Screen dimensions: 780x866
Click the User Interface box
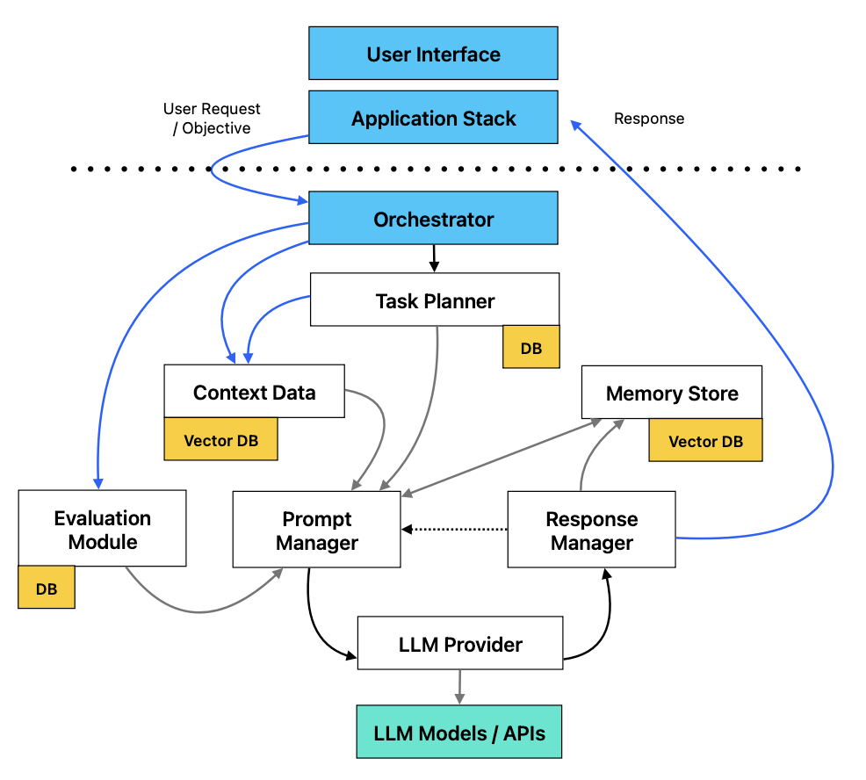[x=433, y=54]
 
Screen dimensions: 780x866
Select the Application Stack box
[x=433, y=118]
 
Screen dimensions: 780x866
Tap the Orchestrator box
[x=433, y=219]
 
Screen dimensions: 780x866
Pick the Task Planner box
[x=435, y=300]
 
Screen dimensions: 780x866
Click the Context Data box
[x=254, y=392]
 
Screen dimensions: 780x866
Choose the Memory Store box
[x=671, y=393]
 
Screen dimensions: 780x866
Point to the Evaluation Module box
[x=102, y=529]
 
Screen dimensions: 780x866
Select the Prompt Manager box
[x=316, y=531]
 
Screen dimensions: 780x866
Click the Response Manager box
[x=591, y=531]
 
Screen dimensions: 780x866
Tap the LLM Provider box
[x=460, y=644]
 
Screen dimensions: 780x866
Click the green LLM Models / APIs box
[x=458, y=732]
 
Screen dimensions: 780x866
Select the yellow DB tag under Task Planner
[x=530, y=348]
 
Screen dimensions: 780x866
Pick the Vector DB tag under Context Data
[x=220, y=440]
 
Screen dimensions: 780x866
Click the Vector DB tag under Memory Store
[x=705, y=441]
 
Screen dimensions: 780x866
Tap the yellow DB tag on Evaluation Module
[x=47, y=589]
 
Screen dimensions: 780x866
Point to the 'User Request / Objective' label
[x=212, y=119]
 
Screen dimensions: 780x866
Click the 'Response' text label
[x=648, y=119]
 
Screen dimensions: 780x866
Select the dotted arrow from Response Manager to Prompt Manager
[x=455, y=529]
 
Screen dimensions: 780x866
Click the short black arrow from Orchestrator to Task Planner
[x=433, y=257]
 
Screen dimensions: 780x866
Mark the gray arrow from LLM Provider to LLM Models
[x=458, y=687]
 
